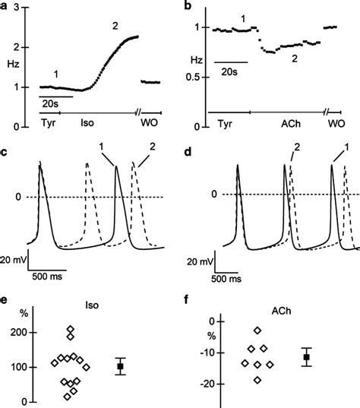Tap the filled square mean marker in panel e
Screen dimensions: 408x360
coord(120,367)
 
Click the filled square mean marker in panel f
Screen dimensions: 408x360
coord(307,357)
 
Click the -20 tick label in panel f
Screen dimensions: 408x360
coord(205,384)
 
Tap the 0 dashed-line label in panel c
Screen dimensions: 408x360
coord(21,198)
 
